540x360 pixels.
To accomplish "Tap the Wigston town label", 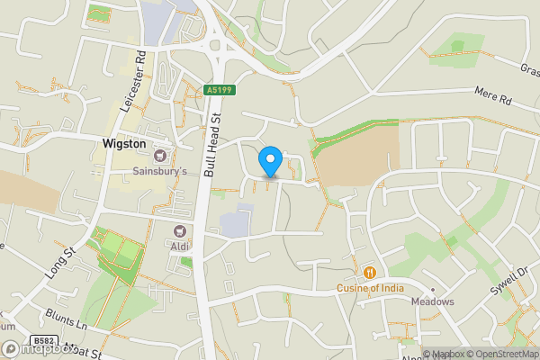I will tap(125, 143).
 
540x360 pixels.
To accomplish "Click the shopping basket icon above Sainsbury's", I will tap(162, 155).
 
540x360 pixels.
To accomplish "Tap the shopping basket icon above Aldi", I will tap(178, 230).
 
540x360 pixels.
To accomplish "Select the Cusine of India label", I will tap(369, 288).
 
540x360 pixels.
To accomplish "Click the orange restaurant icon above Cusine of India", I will tap(369, 272).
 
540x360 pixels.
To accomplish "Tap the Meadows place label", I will tap(434, 301).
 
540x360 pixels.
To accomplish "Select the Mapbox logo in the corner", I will tap(36, 349).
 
